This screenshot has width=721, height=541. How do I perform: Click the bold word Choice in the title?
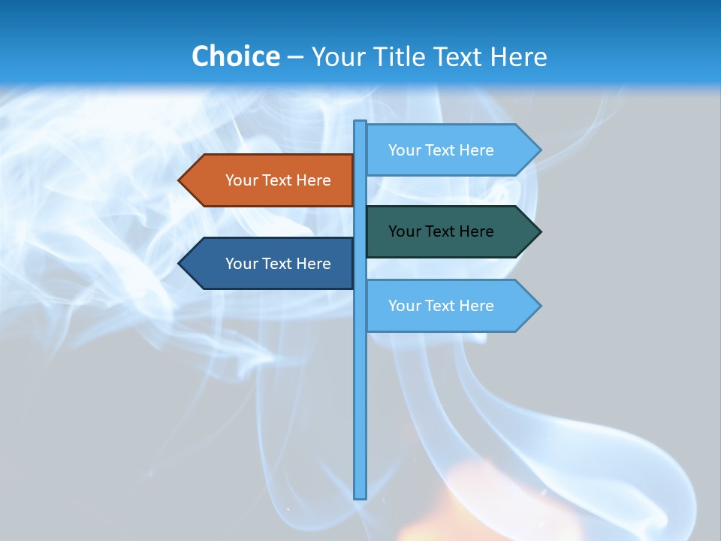(x=235, y=56)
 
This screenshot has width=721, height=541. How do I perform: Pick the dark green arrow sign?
(x=447, y=231)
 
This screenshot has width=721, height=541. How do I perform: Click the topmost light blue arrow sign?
(x=447, y=150)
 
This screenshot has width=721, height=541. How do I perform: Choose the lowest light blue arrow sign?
(x=447, y=306)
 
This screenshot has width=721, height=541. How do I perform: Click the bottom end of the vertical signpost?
(x=360, y=496)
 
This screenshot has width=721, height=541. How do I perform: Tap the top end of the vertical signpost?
(x=360, y=123)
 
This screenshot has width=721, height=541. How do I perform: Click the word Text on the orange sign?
(x=278, y=180)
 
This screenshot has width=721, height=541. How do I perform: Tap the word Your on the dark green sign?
(x=405, y=231)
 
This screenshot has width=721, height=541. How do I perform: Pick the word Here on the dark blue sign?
(x=313, y=264)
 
